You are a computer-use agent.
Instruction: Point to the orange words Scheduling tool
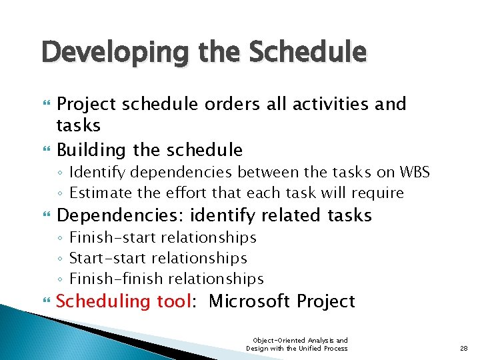[x=125, y=301]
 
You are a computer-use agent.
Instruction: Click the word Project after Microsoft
[x=326, y=301]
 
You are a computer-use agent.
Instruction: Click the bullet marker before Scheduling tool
[x=45, y=302]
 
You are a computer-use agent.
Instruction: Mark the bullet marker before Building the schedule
[x=45, y=150]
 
